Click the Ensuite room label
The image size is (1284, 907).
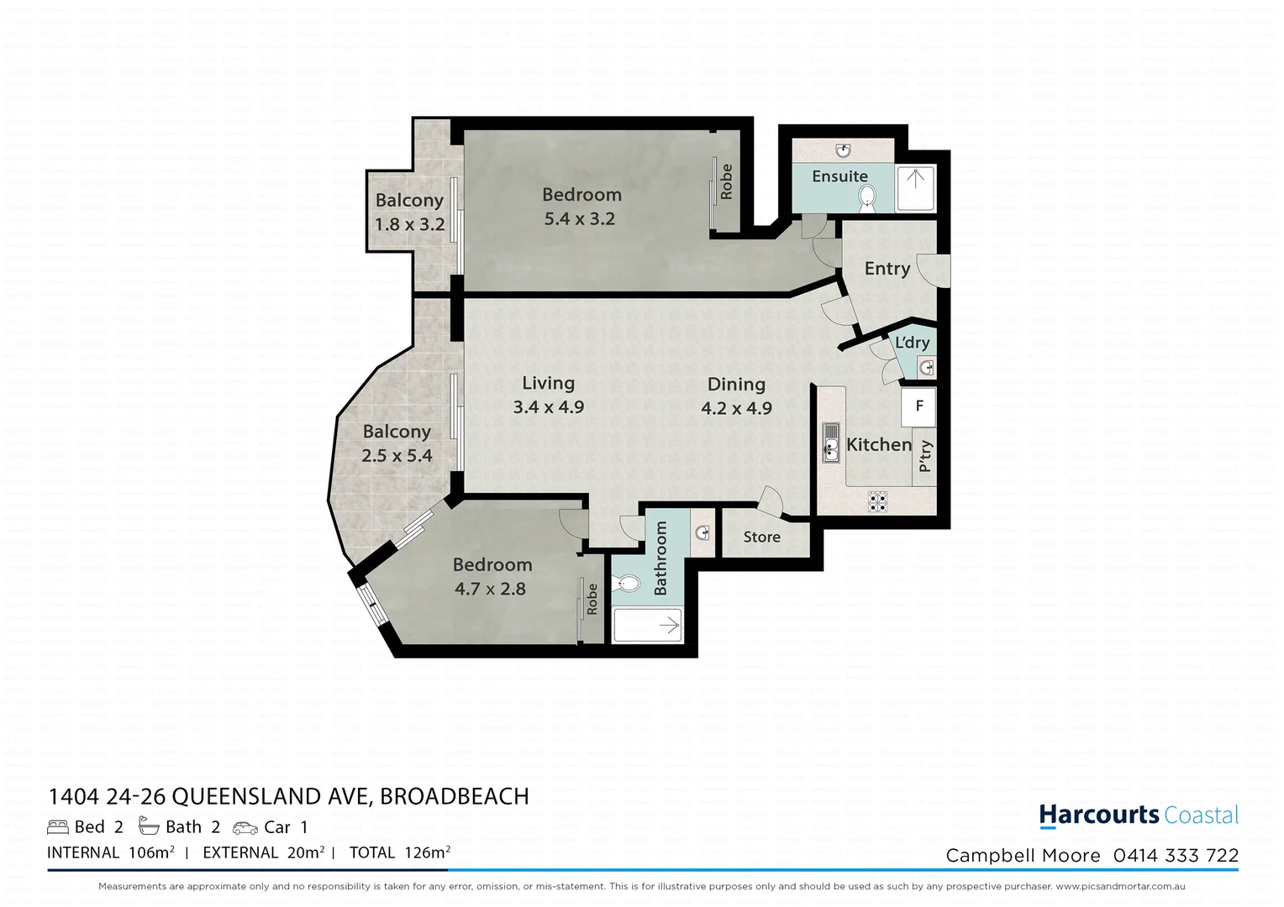[x=839, y=176]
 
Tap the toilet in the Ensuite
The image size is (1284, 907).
[x=866, y=199]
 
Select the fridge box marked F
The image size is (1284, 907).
[x=919, y=406]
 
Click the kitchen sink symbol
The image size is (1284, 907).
[x=831, y=443]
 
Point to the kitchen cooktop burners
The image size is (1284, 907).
[x=877, y=501]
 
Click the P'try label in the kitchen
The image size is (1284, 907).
[x=924, y=456]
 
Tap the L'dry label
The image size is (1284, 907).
[x=912, y=343]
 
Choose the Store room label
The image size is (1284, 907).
[x=761, y=537]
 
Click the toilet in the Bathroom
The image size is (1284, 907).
[x=626, y=583]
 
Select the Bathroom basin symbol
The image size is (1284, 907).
[x=703, y=532]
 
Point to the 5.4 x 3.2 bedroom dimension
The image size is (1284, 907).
[x=580, y=219]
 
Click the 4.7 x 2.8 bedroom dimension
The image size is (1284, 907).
[x=490, y=590]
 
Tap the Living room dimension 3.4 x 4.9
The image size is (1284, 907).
[x=549, y=407]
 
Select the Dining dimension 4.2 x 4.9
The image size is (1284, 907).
[x=736, y=409]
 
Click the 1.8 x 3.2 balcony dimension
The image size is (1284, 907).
[x=409, y=225]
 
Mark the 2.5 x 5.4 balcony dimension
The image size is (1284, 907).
[x=397, y=456]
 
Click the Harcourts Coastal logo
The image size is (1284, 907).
[x=1139, y=815]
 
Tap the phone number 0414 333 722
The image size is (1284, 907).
[x=1176, y=856]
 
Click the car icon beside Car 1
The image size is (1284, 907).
[x=245, y=828]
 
